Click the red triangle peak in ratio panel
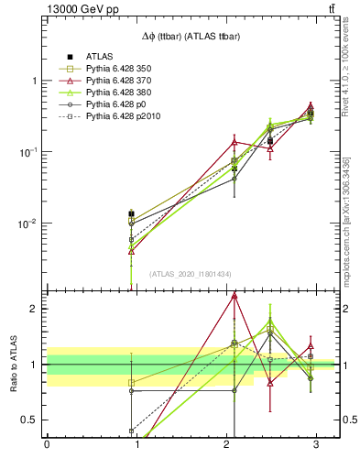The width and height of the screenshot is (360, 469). coord(235,295)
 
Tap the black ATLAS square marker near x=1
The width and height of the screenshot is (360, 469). coord(132,213)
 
